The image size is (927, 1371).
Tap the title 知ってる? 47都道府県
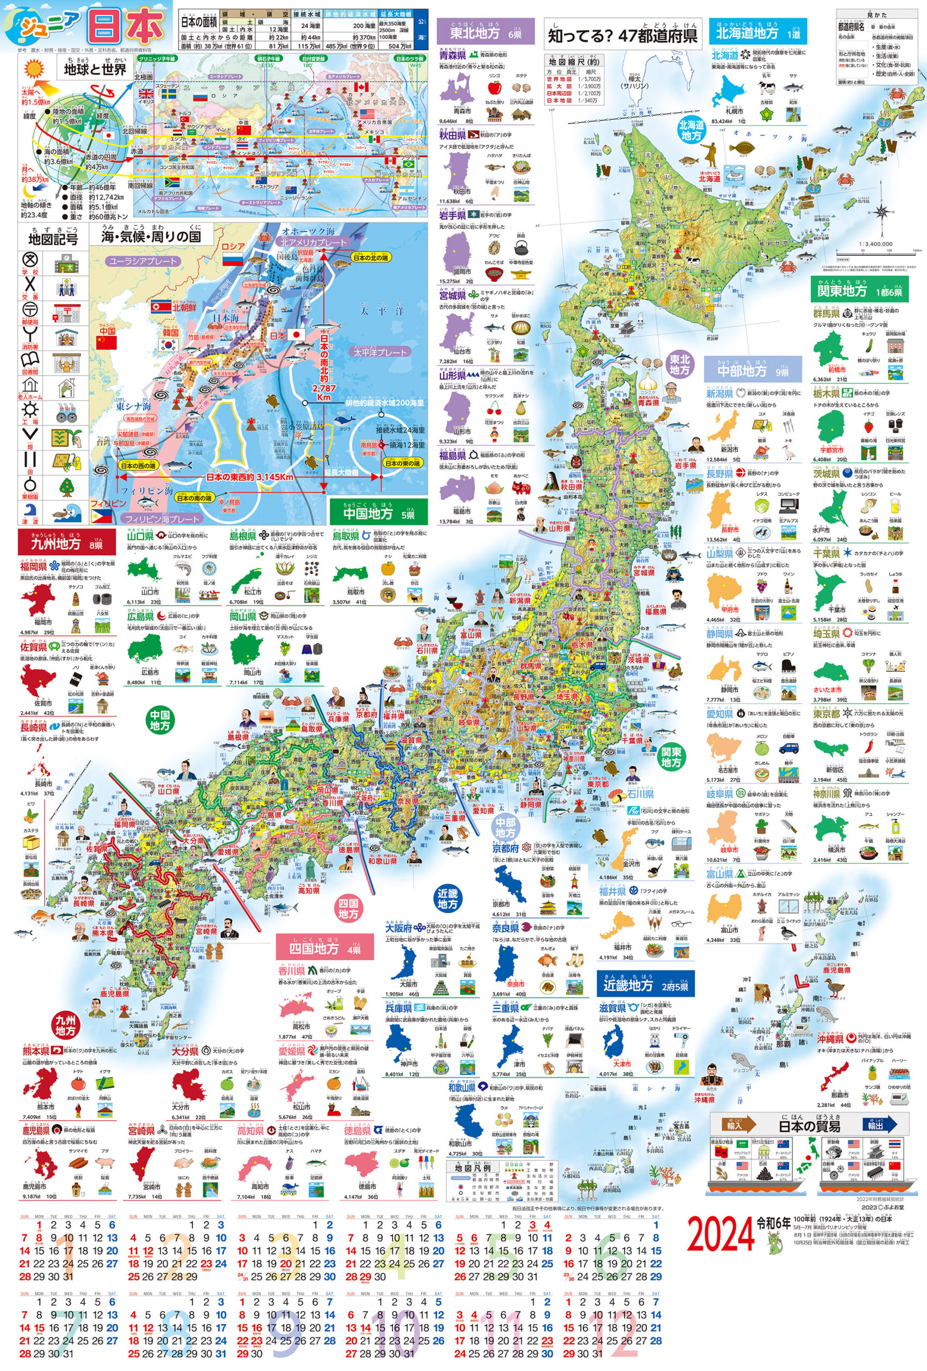(x=622, y=35)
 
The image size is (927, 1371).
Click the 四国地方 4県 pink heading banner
(x=324, y=948)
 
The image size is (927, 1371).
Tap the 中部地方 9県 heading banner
(x=752, y=370)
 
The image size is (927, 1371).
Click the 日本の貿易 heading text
(x=809, y=1126)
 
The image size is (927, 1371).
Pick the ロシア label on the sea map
(x=233, y=246)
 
